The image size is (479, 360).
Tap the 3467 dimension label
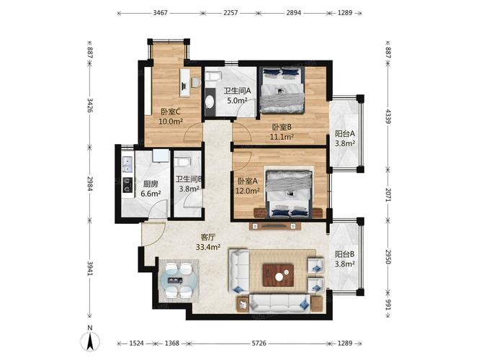(x=160, y=13)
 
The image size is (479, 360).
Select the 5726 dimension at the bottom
(x=259, y=343)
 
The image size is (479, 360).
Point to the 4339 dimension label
(x=388, y=117)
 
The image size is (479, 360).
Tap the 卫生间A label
(x=237, y=91)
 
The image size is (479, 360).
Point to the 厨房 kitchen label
(x=151, y=184)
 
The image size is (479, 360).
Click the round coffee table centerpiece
(x=279, y=276)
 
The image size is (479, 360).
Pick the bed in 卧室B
(x=282, y=91)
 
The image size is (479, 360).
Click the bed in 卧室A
(x=289, y=194)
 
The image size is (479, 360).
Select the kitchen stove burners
(x=127, y=185)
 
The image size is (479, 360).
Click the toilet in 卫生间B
(x=183, y=161)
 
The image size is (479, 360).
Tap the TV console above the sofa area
(x=275, y=226)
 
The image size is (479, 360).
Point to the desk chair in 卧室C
(x=196, y=83)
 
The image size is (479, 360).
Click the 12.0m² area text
(x=248, y=191)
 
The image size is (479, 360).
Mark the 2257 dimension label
(x=230, y=13)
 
